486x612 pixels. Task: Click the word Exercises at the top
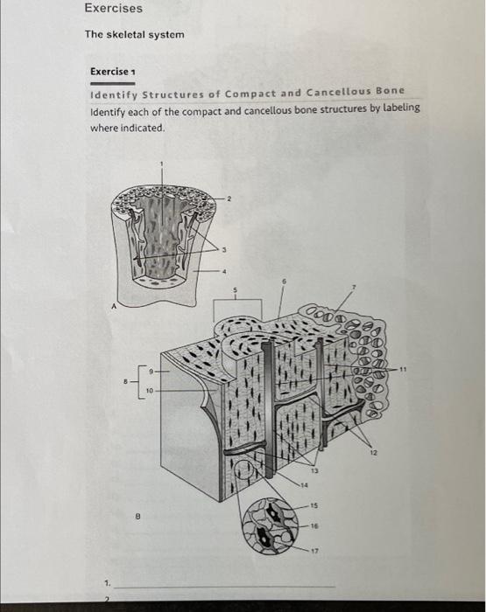click(x=114, y=8)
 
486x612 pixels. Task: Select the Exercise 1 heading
click(x=114, y=72)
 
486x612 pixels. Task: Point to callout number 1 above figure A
click(x=160, y=163)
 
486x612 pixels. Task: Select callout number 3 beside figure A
click(x=226, y=251)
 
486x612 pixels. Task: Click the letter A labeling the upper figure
click(x=111, y=305)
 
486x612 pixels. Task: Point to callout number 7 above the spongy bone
click(x=356, y=286)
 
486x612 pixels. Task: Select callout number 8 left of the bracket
click(x=125, y=381)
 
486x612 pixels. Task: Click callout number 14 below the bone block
click(x=306, y=485)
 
